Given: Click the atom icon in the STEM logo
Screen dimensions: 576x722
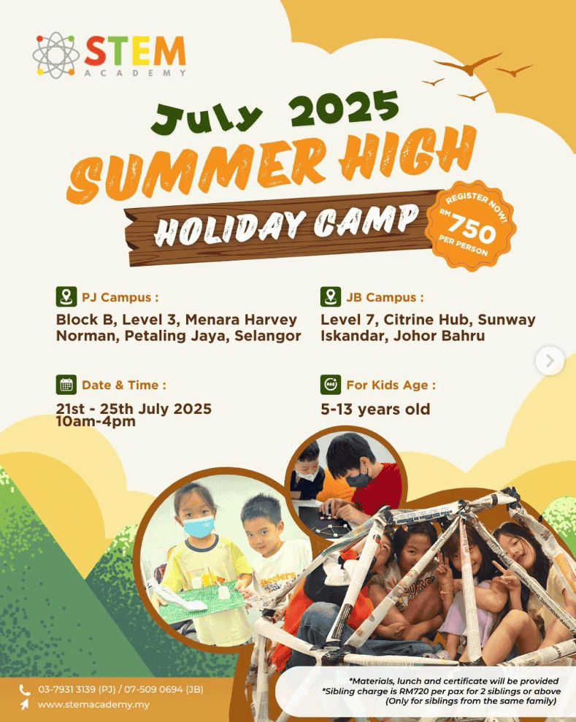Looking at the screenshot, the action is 55,55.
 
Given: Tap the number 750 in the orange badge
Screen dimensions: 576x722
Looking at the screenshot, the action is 472,228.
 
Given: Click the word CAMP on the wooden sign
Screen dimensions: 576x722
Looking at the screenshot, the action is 366,221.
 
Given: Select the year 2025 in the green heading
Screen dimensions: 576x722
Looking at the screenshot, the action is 344,108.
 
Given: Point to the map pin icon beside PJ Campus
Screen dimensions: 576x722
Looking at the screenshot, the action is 66,296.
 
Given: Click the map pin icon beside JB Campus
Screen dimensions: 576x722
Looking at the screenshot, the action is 331,296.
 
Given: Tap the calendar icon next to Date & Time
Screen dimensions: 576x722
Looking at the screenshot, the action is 66,385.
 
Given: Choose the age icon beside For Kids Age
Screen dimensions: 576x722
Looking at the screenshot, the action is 331,385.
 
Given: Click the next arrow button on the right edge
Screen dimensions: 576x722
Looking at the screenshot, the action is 550,361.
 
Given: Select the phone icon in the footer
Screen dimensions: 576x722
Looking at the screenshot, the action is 24,690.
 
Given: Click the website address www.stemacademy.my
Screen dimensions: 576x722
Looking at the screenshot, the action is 93,704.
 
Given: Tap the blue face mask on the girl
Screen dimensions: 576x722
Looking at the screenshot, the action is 199,527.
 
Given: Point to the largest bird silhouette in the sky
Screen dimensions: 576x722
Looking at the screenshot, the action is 467,64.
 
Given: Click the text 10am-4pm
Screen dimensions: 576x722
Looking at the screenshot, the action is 96,421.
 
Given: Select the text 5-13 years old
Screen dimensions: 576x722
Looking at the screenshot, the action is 375,409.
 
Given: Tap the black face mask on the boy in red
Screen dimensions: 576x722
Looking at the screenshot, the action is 358,480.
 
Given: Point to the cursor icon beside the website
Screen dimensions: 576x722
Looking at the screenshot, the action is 24,704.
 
